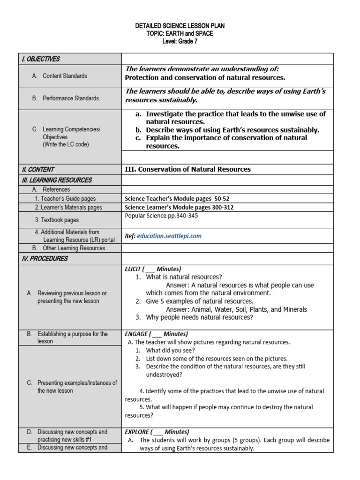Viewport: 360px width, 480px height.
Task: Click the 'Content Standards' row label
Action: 65,76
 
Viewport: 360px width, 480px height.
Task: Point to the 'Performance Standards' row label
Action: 70,98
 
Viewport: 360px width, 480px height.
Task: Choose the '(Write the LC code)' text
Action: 66,144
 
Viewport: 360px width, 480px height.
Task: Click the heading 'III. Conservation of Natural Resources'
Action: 187,169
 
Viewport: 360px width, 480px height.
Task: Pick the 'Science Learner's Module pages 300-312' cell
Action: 179,207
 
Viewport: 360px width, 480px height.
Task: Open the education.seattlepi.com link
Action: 169,236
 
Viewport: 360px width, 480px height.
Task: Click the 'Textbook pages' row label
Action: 57,220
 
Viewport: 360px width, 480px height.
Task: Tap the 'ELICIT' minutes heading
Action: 153,269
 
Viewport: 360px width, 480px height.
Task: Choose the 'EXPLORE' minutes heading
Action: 157,432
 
